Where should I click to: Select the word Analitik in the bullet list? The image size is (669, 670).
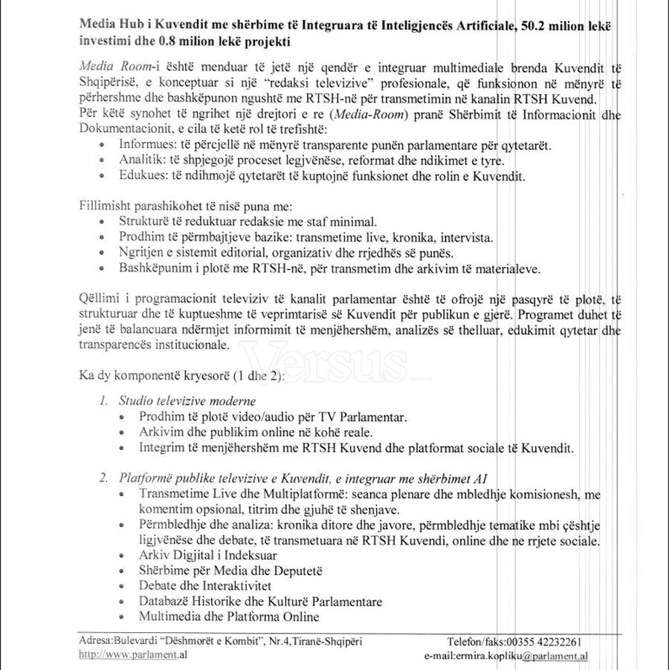pos(138,160)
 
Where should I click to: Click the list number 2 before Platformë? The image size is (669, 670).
pos(103,478)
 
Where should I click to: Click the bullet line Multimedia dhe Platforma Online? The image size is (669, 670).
pos(229,616)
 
